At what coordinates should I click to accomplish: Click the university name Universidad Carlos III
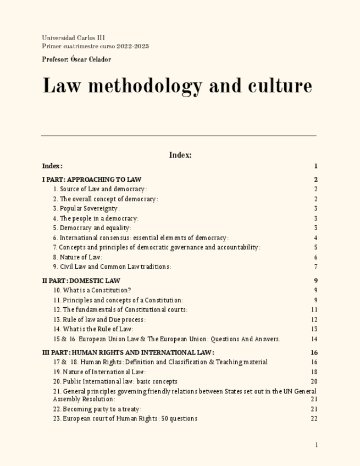click(73, 38)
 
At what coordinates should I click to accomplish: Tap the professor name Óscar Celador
click(91, 59)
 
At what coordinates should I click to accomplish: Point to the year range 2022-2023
click(132, 46)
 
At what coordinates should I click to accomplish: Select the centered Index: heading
click(180, 155)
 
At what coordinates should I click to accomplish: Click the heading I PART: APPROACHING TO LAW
click(92, 180)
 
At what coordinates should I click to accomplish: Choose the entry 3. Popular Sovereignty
click(86, 209)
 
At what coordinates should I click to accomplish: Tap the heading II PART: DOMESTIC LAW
click(81, 281)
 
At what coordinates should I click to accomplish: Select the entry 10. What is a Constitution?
click(92, 290)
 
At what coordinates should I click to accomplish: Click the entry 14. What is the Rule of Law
click(93, 329)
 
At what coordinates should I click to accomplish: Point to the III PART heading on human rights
click(128, 353)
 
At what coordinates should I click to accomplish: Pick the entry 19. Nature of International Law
click(99, 372)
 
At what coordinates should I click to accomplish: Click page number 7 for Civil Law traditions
click(316, 267)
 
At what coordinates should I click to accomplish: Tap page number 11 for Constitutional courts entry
click(314, 310)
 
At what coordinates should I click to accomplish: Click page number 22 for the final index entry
click(314, 419)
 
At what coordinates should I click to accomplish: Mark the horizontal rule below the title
click(179, 135)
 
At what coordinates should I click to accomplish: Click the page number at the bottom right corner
click(317, 445)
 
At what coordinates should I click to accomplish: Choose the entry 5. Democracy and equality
click(92, 228)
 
